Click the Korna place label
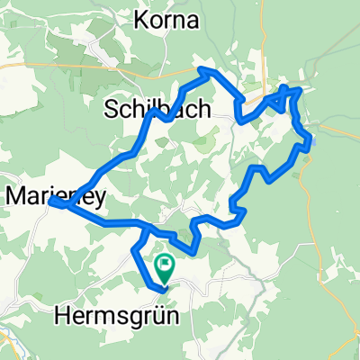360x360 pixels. coord(167,19)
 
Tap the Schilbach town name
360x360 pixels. coord(158,110)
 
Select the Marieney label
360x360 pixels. coord(46,193)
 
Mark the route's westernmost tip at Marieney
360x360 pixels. coord(50,202)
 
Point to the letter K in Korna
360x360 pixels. coord(141,19)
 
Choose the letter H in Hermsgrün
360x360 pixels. coord(64,316)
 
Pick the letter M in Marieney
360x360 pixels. coord(15,193)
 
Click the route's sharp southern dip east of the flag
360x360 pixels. coord(193,250)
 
